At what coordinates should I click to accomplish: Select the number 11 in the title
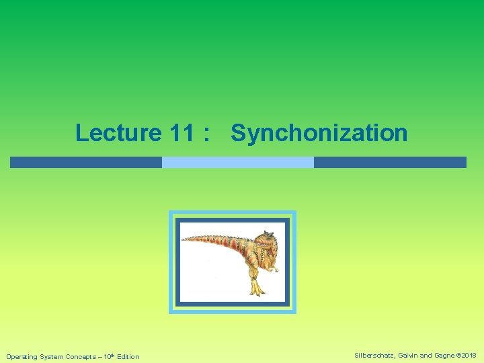coord(180,133)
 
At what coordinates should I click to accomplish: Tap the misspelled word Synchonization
coord(319,133)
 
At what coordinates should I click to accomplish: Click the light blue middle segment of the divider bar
coord(238,162)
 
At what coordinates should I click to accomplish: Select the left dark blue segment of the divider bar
coord(85,162)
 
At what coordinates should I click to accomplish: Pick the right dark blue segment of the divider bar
coord(390,162)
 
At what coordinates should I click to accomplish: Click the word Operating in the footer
coord(23,356)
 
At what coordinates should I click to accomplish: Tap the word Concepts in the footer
coord(84,356)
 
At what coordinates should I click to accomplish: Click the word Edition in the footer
coord(128,356)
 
